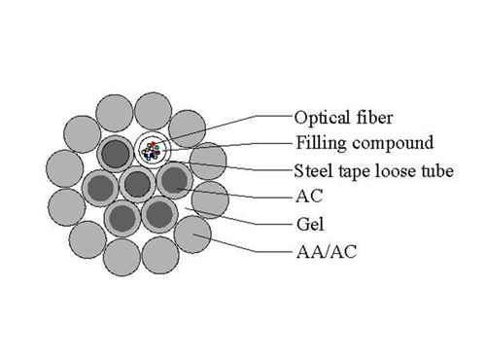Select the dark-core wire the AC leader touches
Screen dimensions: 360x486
click(x=174, y=180)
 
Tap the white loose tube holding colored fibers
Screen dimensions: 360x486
click(x=154, y=150)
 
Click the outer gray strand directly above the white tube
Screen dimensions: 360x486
click(x=153, y=110)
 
